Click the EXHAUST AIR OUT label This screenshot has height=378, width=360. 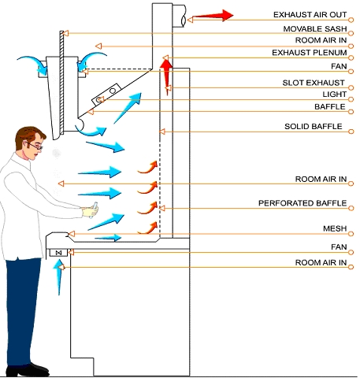tap(310, 15)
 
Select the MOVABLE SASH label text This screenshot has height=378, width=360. tap(315, 29)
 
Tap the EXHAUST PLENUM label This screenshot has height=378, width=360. tap(310, 53)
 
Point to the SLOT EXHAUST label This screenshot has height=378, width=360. tap(314, 83)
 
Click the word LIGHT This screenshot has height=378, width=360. tap(335, 94)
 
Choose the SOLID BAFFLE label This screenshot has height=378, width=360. tap(314, 127)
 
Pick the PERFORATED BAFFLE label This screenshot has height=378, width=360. tap(302, 203)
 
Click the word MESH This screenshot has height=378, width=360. tap(335, 228)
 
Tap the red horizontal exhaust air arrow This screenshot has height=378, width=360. tap(213, 16)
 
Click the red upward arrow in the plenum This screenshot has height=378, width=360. tap(166, 77)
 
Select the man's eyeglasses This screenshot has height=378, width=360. tap(35, 146)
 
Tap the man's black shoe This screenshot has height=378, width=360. tap(28, 369)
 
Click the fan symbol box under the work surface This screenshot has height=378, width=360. tap(58, 253)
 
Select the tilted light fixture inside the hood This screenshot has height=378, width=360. tap(106, 94)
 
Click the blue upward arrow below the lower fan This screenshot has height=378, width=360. tap(59, 277)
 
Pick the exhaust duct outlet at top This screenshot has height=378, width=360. tap(179, 16)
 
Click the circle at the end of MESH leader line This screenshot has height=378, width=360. tap(351, 234)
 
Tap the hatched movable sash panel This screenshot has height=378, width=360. tap(61, 83)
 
